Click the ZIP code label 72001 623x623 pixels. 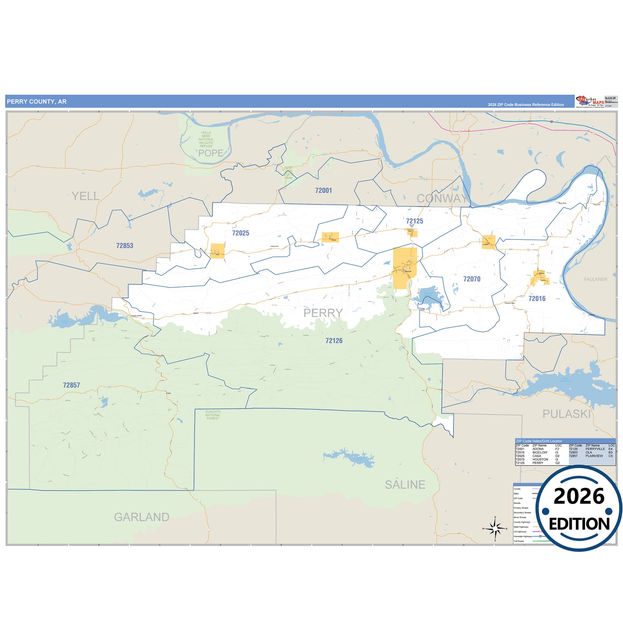pos(323,191)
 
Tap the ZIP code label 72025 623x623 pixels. pos(241,233)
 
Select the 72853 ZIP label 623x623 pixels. pos(125,246)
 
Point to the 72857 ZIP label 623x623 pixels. pos(72,385)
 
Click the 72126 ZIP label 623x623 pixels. pos(334,341)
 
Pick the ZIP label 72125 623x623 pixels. pos(414,221)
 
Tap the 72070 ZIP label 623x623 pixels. pos(472,279)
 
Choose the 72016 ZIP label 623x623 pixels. pos(537,299)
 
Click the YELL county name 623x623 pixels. pos(85,196)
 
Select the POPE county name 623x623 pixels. pos(211,153)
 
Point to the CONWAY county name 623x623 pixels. pos(441,198)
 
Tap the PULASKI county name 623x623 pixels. pos(567,414)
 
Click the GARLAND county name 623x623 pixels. pos(141,517)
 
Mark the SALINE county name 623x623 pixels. pos(405,485)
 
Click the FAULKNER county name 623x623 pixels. pos(595,279)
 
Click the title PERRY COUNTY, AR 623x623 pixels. pos(37,102)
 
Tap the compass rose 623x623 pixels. pos(495,528)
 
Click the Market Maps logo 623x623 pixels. pos(590,102)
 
